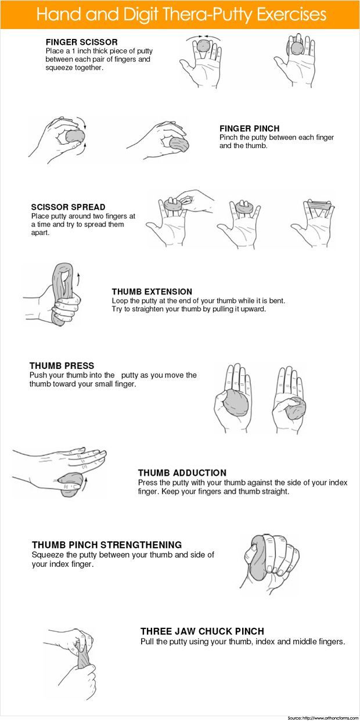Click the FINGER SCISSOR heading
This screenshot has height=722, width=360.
coord(81,42)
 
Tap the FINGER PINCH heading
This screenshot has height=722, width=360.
coord(250,128)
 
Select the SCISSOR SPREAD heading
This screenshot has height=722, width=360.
coord(69,207)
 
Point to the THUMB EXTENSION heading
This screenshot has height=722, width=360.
coord(152,292)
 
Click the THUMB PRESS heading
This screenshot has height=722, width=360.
coord(62,366)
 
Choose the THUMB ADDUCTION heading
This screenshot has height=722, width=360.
coord(182,473)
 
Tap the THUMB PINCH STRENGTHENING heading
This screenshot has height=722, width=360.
coord(107,545)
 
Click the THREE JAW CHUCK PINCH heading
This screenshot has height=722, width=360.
coord(202,631)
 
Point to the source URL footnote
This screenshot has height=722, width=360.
coord(323,718)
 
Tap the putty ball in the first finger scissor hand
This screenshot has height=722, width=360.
coord(203,45)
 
